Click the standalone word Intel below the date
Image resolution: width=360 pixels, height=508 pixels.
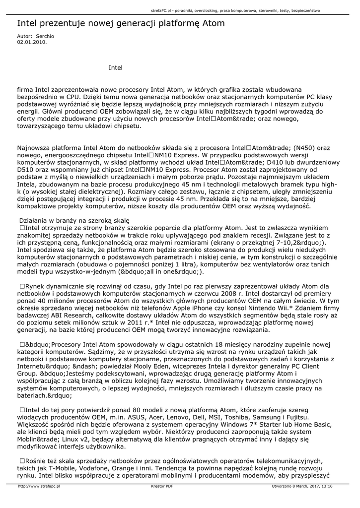point(115,67)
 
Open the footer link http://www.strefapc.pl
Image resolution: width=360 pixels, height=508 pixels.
point(39,487)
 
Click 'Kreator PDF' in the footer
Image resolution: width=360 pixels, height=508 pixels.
point(162,487)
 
